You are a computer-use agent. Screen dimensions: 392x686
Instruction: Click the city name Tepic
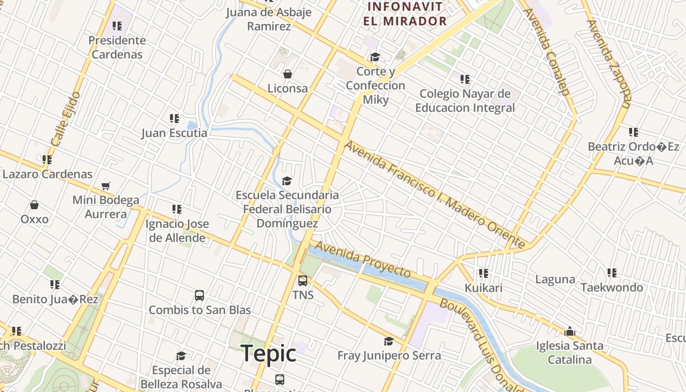pyautogui.click(x=269, y=354)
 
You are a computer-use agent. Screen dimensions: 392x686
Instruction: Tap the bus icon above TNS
pyautogui.click(x=303, y=281)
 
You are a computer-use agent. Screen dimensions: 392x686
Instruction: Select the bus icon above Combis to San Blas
pyautogui.click(x=199, y=295)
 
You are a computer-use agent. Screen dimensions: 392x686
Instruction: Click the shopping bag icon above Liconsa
pyautogui.click(x=288, y=74)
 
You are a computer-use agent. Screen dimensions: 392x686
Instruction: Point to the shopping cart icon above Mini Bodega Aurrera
pyautogui.click(x=105, y=186)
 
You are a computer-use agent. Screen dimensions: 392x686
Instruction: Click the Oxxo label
pyautogui.click(x=34, y=219)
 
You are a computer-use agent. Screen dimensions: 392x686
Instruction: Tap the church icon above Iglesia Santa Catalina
pyautogui.click(x=569, y=332)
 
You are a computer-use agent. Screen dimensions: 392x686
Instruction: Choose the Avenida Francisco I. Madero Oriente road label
pyautogui.click(x=434, y=194)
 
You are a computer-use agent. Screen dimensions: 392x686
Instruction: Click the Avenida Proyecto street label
pyautogui.click(x=362, y=259)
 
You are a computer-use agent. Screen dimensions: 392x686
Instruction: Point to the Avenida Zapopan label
pyautogui.click(x=609, y=64)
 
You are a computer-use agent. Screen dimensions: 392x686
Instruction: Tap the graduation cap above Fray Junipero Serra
pyautogui.click(x=389, y=341)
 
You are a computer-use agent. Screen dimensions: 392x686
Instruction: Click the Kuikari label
pyautogui.click(x=484, y=288)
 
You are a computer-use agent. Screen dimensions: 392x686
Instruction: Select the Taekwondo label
pyautogui.click(x=612, y=287)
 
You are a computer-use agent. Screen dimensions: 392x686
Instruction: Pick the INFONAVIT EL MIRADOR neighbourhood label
pyautogui.click(x=405, y=14)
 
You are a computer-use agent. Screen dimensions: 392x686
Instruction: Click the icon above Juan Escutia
pyautogui.click(x=174, y=119)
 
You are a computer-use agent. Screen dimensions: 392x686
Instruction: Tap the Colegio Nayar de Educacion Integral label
pyautogui.click(x=465, y=100)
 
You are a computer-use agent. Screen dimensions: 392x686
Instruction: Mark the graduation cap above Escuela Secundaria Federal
pyautogui.click(x=287, y=181)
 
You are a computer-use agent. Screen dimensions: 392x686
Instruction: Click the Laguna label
pyautogui.click(x=555, y=279)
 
